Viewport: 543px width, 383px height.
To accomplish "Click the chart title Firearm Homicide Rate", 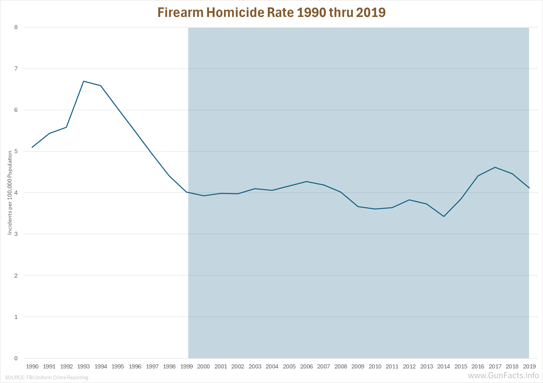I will (271, 13).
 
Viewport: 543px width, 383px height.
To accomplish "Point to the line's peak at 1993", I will (83, 81).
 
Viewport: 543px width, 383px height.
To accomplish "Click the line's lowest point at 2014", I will (444, 216).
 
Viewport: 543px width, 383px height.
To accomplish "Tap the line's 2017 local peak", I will (495, 167).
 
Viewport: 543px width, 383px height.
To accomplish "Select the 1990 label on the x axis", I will (32, 366).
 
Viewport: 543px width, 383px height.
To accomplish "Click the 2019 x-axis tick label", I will (529, 366).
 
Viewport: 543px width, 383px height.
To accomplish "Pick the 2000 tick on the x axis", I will (203, 366).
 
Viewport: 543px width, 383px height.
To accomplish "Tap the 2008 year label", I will (341, 366).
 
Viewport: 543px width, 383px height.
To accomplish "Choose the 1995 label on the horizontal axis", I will (118, 366).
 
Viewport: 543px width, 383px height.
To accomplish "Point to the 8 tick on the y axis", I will (16, 27).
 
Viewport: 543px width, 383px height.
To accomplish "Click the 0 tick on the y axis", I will (16, 358).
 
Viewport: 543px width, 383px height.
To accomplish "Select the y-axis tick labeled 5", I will (16, 151).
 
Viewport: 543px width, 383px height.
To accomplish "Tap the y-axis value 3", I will (16, 234).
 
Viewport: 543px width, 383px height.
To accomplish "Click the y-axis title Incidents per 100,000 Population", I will (10, 193).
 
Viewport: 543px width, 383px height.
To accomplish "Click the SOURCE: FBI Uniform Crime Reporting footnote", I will (46, 378).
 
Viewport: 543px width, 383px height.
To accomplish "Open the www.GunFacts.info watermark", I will (503, 376).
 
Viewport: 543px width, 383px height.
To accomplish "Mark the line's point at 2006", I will (307, 182).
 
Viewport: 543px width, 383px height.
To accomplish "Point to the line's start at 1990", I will (32, 147).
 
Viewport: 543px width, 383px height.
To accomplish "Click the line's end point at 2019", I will (529, 188).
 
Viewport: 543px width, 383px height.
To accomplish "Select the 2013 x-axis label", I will (427, 366).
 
